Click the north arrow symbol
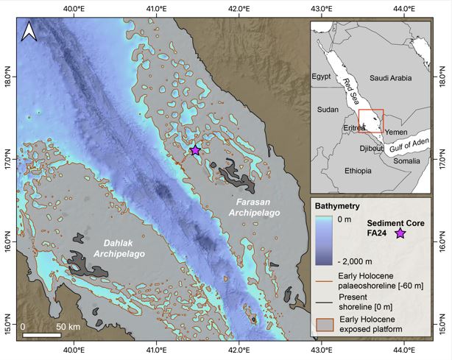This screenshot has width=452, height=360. [29, 31]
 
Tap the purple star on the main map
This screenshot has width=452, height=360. [195, 150]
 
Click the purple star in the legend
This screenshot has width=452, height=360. [400, 233]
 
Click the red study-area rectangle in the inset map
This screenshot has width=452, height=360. [371, 121]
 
